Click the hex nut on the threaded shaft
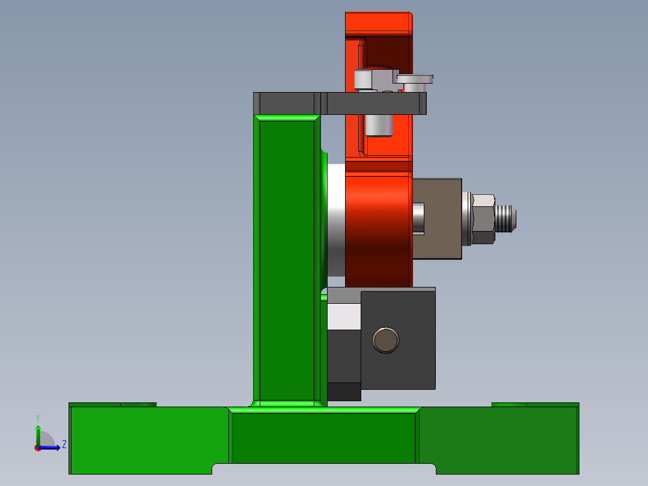(x=483, y=219)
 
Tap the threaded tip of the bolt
(x=507, y=219)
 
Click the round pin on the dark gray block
(x=385, y=340)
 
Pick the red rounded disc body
(x=379, y=229)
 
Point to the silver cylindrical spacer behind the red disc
(x=336, y=223)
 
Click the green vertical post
(x=286, y=259)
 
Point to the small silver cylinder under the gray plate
(x=379, y=125)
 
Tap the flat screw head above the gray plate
(x=415, y=78)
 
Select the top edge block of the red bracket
(x=379, y=24)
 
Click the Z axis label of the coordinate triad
(x=64, y=445)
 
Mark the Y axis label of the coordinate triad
(x=38, y=417)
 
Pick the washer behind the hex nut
(x=466, y=219)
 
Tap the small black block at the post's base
(x=344, y=392)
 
